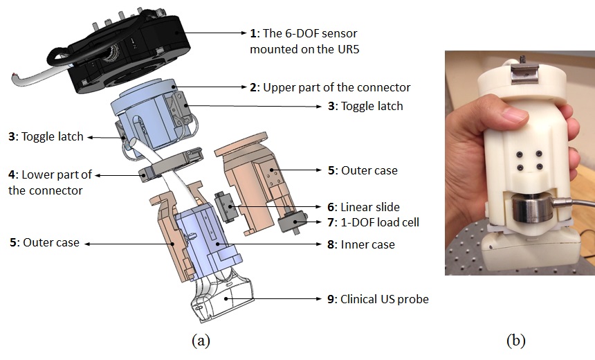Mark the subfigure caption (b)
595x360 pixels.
click(x=515, y=340)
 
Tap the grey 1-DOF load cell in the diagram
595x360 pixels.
click(x=291, y=224)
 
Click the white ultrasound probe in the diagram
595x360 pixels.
click(x=218, y=298)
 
